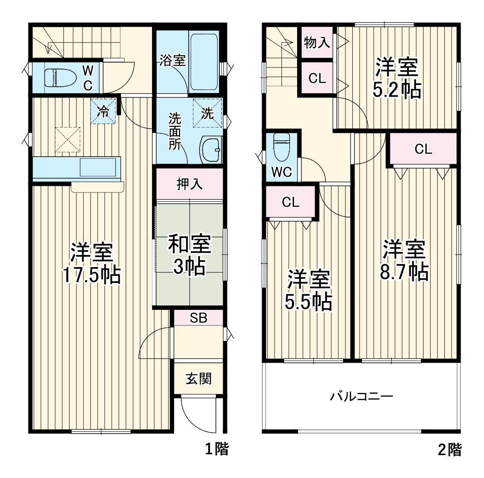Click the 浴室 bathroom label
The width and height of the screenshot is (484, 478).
click(x=173, y=60)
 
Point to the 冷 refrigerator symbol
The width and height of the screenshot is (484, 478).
click(x=103, y=111)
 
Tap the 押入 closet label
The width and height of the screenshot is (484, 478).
click(x=190, y=184)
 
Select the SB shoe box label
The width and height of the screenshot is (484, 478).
click(x=199, y=318)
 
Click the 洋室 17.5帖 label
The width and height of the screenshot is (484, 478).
click(x=92, y=263)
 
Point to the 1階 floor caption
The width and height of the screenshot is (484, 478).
click(x=216, y=449)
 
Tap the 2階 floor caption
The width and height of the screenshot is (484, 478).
click(x=449, y=450)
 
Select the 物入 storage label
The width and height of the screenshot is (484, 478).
click(x=317, y=42)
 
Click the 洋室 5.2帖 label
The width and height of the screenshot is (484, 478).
click(x=397, y=78)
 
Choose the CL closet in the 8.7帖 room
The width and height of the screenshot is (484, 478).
click(x=423, y=149)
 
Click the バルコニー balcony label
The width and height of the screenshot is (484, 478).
click(x=362, y=396)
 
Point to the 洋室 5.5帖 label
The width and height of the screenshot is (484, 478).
click(x=309, y=290)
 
